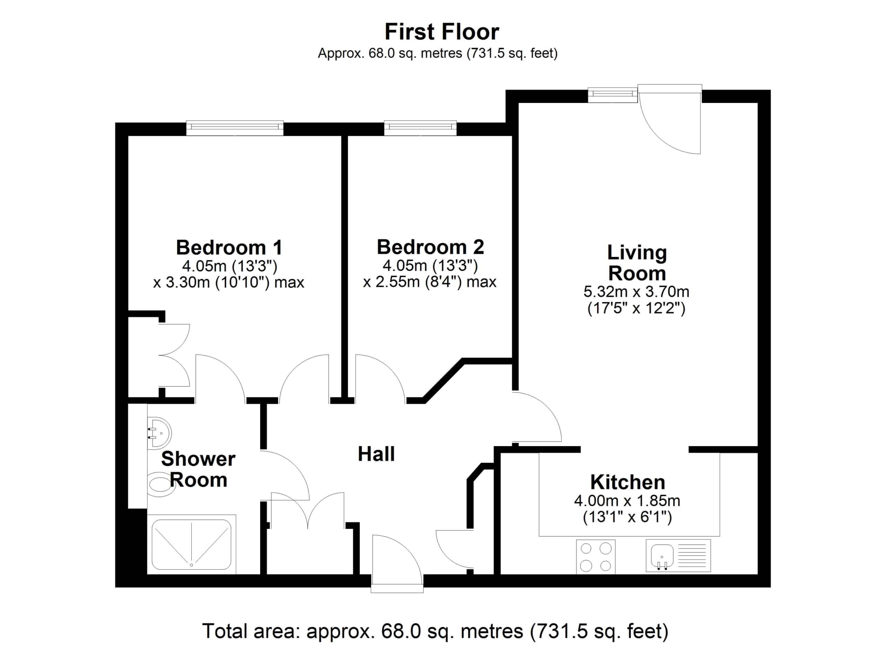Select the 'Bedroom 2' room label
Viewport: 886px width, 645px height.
tap(430, 247)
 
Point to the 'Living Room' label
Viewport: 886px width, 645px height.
tap(637, 263)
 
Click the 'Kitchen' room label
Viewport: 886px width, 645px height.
tap(627, 483)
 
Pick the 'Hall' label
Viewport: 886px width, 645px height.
tap(376, 454)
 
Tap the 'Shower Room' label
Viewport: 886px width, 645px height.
tap(198, 469)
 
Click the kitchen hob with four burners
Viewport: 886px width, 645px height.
tap(596, 557)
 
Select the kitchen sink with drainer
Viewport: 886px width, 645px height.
tap(678, 556)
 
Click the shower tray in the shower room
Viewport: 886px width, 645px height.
tap(191, 544)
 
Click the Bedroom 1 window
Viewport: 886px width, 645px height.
tap(235, 128)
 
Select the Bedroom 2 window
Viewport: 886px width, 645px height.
tap(421, 128)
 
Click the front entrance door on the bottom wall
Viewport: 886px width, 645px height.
tap(397, 563)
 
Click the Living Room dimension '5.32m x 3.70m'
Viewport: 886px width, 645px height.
tap(636, 291)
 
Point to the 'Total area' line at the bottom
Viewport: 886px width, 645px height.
tap(435, 630)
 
